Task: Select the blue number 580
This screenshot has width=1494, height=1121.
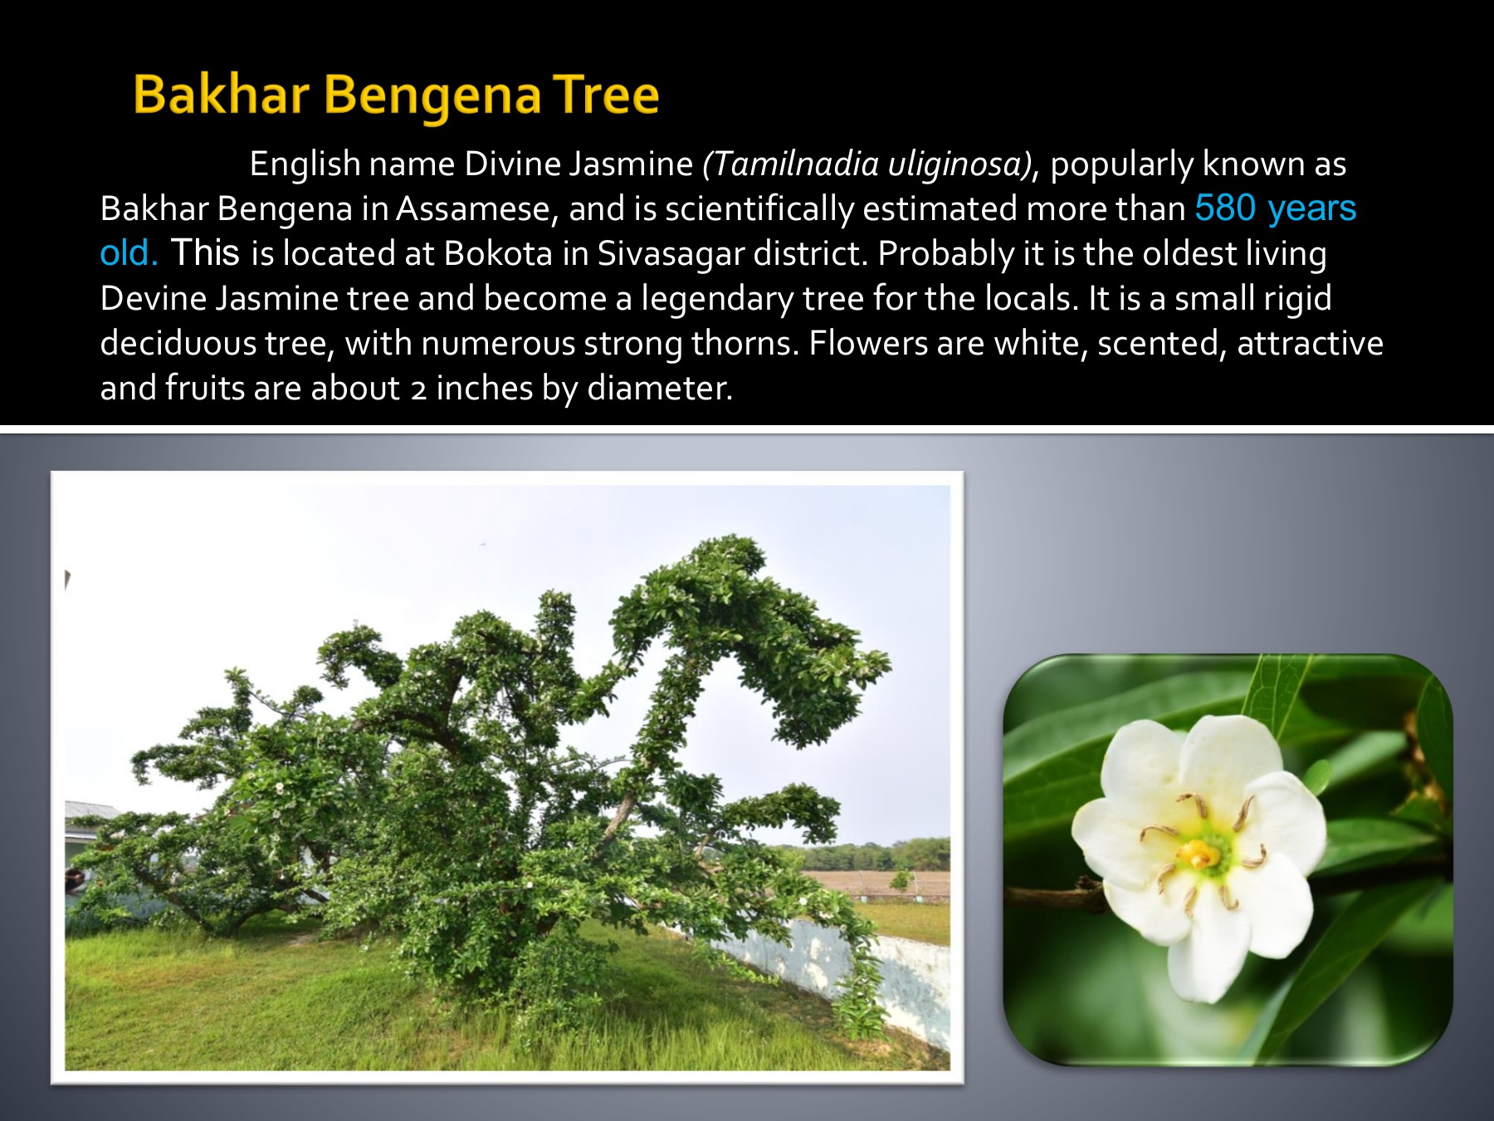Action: [1225, 208]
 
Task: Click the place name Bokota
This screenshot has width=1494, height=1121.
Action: [498, 253]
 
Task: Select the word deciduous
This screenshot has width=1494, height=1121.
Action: [178, 343]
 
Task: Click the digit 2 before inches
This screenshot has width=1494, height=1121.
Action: [418, 389]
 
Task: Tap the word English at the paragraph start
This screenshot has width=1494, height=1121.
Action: [305, 164]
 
